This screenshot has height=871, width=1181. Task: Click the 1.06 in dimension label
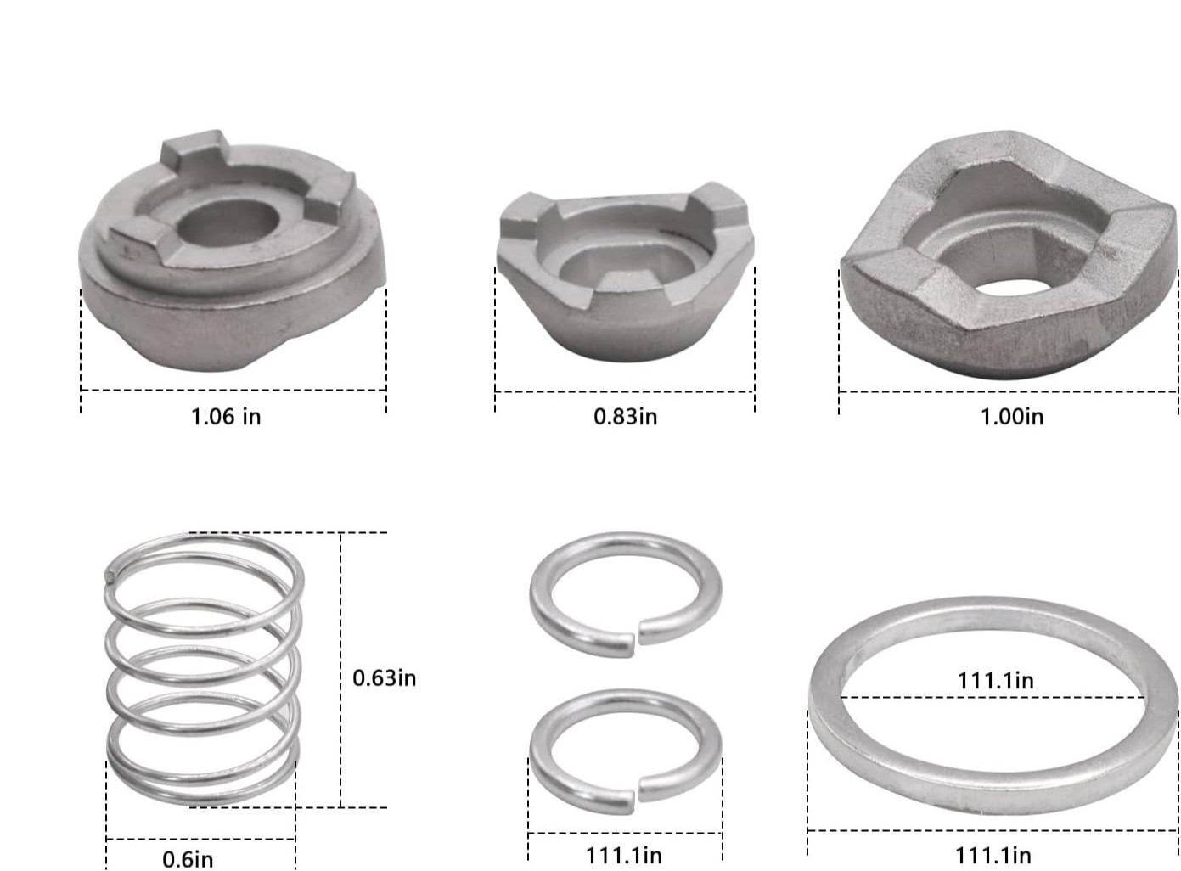coord(226,417)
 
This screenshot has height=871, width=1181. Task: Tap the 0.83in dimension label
coord(625,417)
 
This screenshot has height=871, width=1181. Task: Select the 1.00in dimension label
coord(1012,417)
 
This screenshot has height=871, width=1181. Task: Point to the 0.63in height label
coord(385,678)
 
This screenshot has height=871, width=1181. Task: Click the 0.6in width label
coord(188,859)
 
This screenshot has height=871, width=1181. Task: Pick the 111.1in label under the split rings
coord(624,855)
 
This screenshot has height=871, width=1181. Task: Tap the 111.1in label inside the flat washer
coord(995,681)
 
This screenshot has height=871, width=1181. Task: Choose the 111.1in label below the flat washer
coord(993,855)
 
